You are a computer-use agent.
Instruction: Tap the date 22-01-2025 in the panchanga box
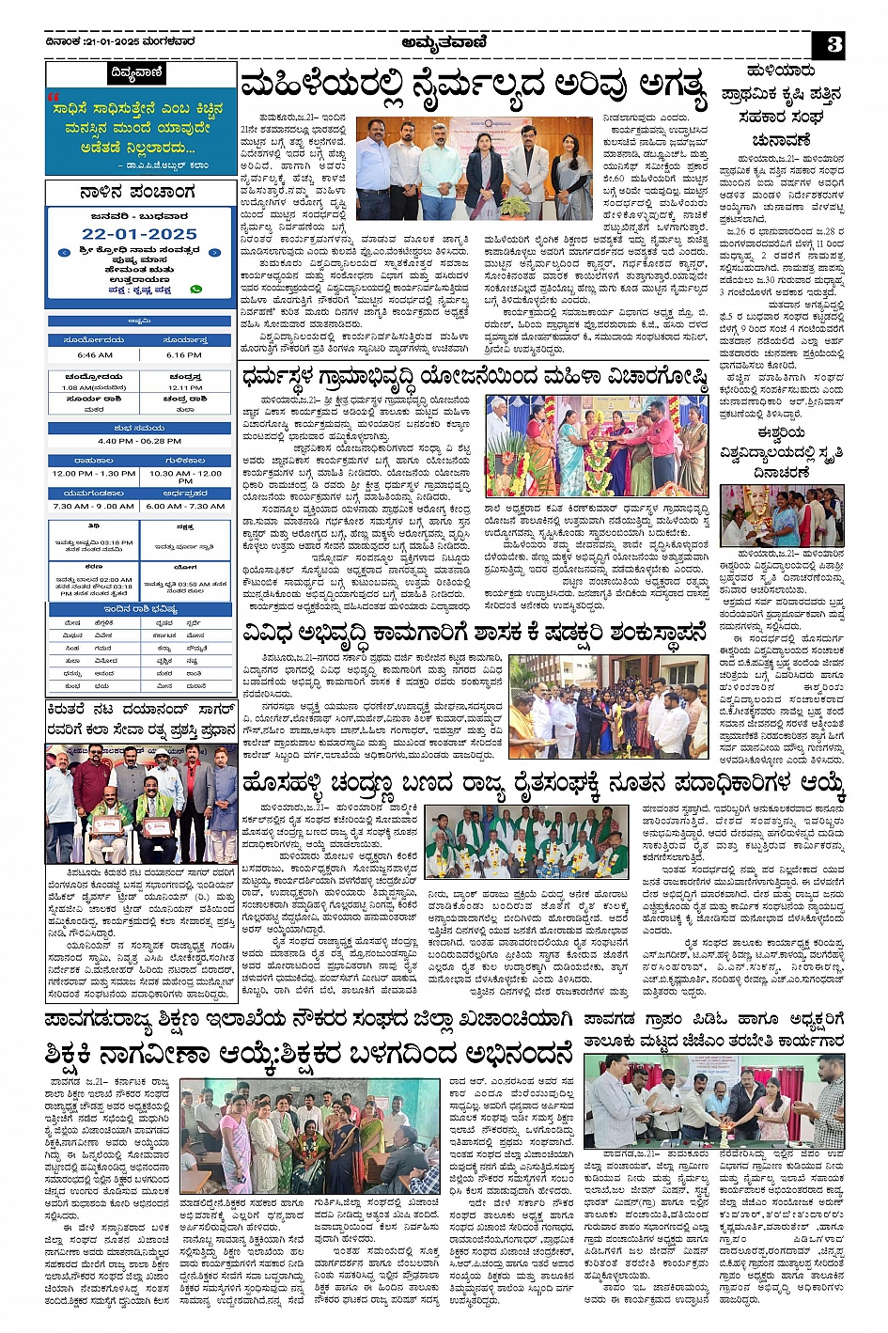pyautogui.click(x=139, y=233)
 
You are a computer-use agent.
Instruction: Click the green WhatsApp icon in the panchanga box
pyautogui.click(x=196, y=290)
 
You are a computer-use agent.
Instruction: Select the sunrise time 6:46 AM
pyautogui.click(x=94, y=355)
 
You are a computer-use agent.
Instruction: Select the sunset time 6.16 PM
pyautogui.click(x=186, y=355)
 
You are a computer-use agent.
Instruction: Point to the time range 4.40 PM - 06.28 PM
pyautogui.click(x=140, y=441)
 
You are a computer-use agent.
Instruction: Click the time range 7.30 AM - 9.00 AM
pyautogui.click(x=94, y=506)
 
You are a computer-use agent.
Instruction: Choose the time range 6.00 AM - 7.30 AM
pyautogui.click(x=186, y=506)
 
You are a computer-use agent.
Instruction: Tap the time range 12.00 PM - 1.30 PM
pyautogui.click(x=94, y=474)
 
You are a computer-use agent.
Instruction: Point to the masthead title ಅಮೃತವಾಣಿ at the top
pyautogui.click(x=444, y=41)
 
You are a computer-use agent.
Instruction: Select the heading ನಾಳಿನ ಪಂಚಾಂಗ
pyautogui.click(x=139, y=193)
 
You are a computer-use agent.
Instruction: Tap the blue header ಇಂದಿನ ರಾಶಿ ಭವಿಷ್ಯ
pyautogui.click(x=140, y=610)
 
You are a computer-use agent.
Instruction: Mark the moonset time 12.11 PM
pyautogui.click(x=186, y=387)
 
